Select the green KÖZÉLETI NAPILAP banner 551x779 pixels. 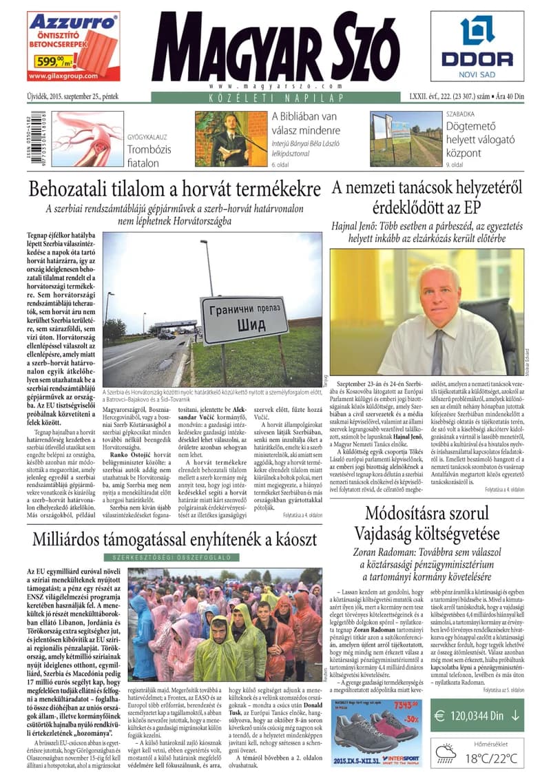coord(275,98)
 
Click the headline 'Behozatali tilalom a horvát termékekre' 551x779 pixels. coord(175,189)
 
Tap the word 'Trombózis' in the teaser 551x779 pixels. coord(147,149)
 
